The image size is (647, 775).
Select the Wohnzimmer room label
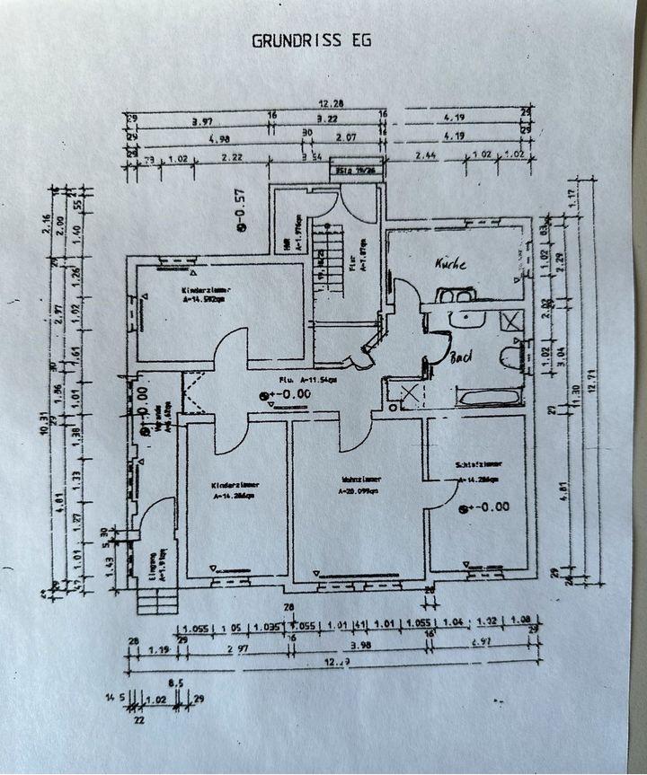(x=359, y=480)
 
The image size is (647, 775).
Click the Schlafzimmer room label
(x=478, y=465)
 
